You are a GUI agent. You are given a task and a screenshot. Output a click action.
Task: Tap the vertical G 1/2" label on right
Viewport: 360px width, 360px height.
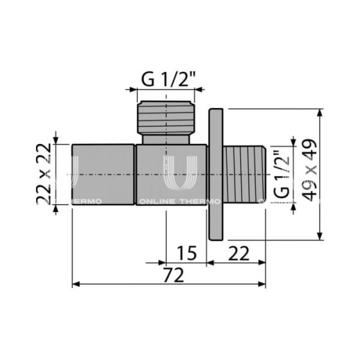pyautogui.click(x=281, y=173)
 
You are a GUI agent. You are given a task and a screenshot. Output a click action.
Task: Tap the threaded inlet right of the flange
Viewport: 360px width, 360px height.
pyautogui.click(x=245, y=175)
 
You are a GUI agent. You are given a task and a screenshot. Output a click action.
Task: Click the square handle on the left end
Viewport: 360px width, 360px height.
pyautogui.click(x=103, y=175)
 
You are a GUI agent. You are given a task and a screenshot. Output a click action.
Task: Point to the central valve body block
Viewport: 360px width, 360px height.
pyautogui.click(x=171, y=175)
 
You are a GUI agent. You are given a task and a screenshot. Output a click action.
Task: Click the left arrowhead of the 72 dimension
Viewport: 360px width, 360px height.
pyautogui.click(x=76, y=283)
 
